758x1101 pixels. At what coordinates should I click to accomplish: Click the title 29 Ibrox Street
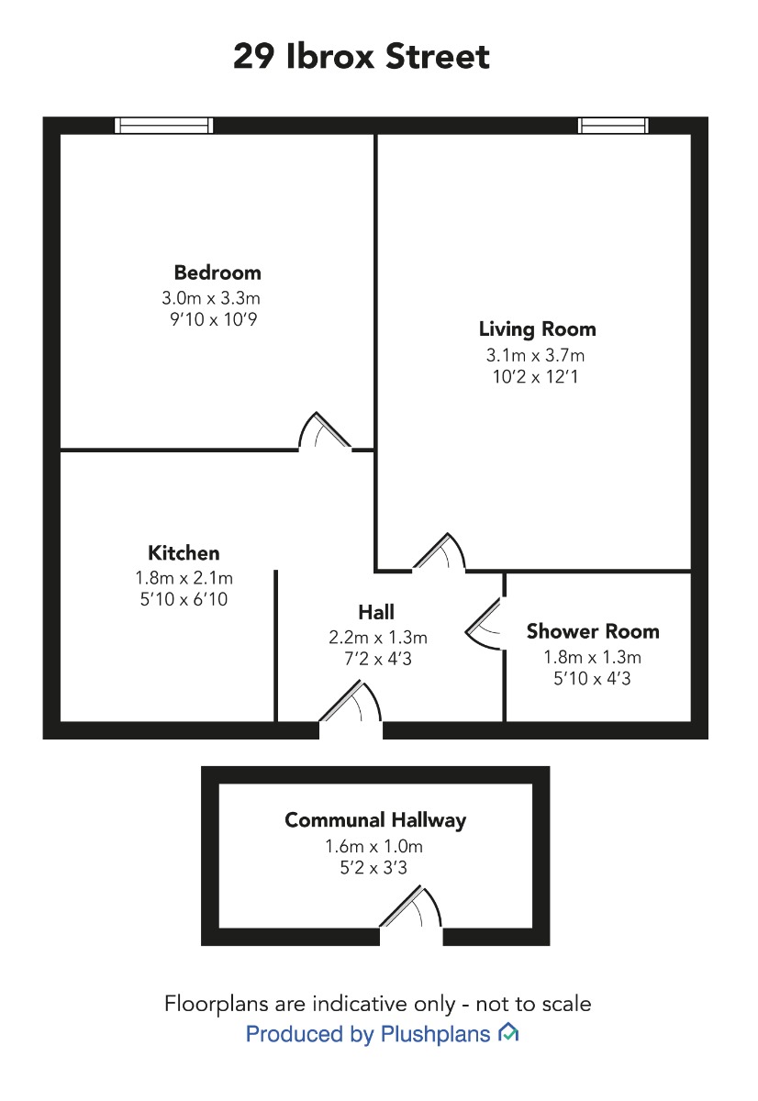coord(361,56)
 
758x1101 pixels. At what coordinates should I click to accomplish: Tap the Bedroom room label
coord(217,272)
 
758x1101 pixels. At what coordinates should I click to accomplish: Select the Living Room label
coord(537,329)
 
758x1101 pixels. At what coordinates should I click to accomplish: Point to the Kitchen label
coord(184,553)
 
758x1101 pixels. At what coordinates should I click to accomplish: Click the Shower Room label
coord(593,631)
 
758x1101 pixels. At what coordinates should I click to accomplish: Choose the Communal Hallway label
coord(375,820)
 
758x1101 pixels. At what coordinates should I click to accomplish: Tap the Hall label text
coord(376,613)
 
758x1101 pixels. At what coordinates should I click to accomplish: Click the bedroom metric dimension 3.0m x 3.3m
coord(211,298)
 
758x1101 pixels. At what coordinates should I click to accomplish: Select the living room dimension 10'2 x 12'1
coord(535,377)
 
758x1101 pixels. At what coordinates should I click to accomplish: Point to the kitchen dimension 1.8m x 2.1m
coord(184,578)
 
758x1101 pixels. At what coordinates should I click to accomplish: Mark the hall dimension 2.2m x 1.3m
coord(377,638)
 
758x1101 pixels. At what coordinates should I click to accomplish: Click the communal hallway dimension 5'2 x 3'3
coord(373,868)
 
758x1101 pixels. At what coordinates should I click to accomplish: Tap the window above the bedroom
coord(163,126)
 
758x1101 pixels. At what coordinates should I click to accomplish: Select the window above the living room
coord(613,126)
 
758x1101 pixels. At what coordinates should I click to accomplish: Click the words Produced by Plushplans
coord(368,1033)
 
